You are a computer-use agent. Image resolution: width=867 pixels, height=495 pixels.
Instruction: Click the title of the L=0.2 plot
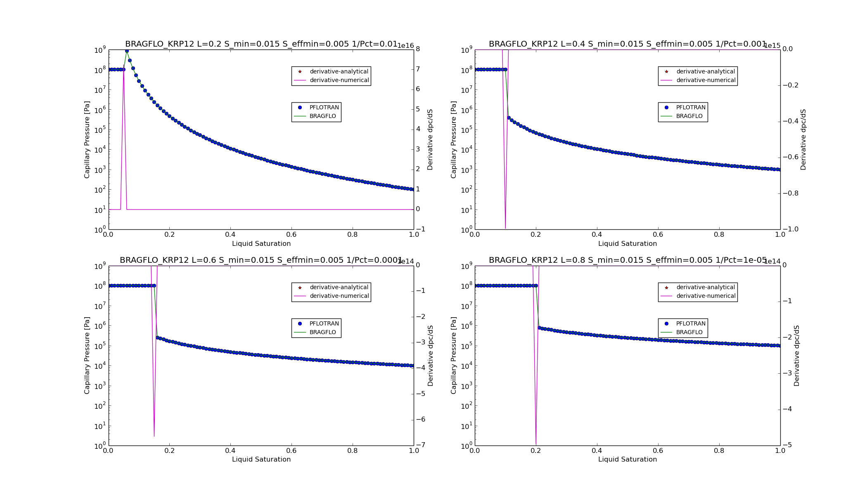point(261,44)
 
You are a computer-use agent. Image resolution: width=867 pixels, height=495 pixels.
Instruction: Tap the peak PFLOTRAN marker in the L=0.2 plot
point(127,51)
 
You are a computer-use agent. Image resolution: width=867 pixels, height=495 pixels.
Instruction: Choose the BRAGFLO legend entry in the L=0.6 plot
point(322,332)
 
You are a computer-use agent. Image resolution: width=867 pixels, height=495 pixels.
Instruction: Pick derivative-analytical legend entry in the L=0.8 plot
point(705,288)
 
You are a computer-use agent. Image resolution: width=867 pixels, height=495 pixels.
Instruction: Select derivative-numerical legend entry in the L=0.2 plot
point(339,80)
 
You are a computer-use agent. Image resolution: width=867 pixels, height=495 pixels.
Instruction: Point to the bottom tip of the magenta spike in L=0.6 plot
point(154,436)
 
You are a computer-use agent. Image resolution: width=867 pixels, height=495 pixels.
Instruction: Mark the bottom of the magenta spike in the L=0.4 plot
point(505,228)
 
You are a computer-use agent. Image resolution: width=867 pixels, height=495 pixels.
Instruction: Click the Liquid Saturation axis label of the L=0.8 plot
point(627,460)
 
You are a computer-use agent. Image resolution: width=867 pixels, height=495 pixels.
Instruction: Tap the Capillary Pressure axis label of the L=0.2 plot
point(87,139)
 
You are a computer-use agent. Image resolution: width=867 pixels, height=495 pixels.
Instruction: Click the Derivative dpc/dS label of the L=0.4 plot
point(803,139)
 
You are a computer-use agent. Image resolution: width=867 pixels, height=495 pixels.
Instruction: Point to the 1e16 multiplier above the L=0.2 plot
point(405,46)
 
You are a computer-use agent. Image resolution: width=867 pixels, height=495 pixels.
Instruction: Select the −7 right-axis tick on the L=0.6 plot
point(421,445)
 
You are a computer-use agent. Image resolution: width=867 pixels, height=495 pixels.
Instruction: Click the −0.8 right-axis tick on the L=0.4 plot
point(788,193)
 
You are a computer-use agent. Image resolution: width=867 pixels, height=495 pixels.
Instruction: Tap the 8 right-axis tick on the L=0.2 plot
point(418,49)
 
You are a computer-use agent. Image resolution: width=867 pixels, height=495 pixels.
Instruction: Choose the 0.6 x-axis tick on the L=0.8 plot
point(658,451)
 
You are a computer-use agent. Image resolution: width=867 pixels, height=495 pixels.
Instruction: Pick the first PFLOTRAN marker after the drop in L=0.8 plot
point(539,328)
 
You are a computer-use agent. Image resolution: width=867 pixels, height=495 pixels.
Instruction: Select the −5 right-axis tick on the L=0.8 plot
point(787,445)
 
